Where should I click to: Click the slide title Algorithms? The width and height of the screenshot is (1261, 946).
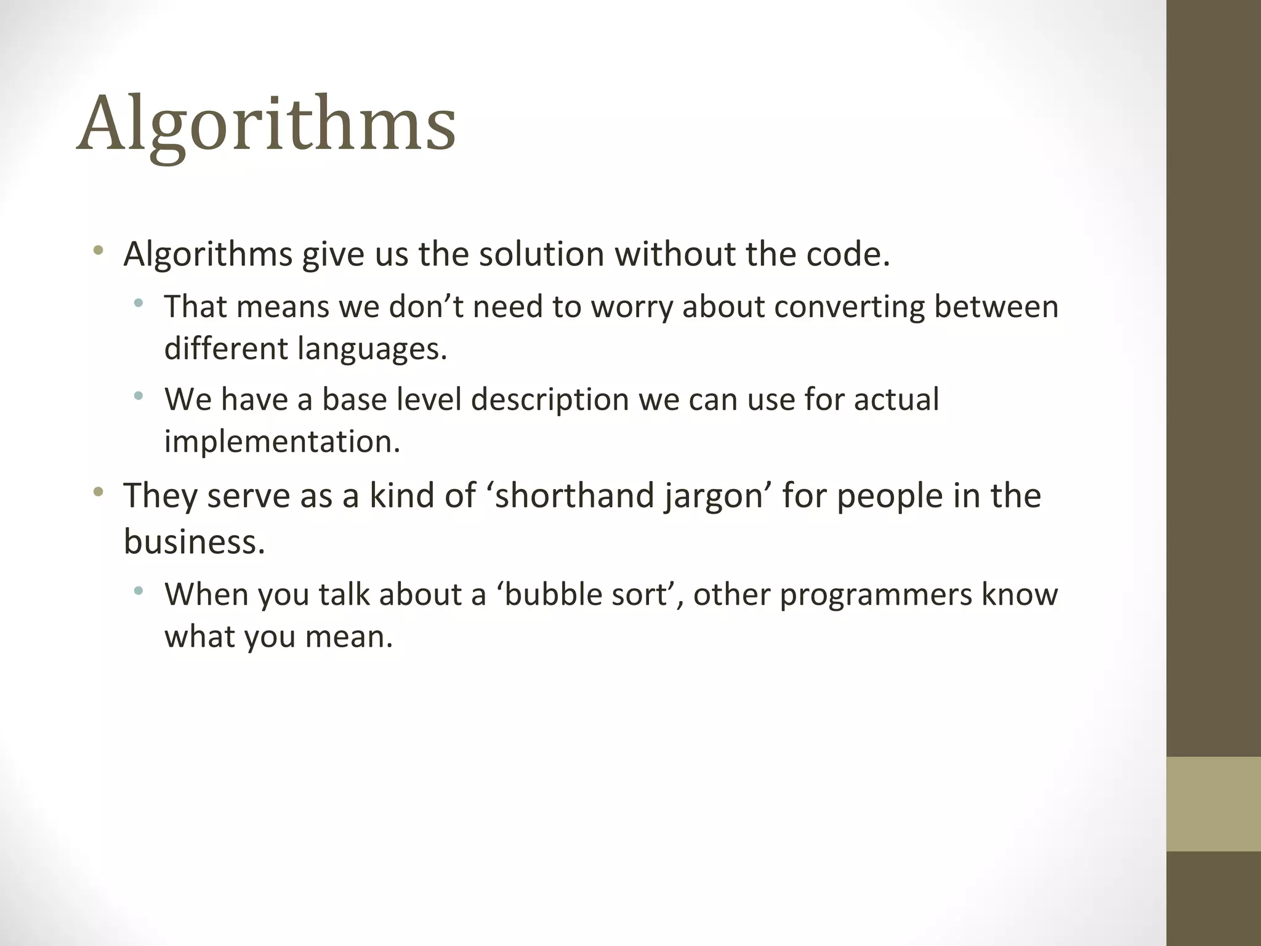pos(266,124)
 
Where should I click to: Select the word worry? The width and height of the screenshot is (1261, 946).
pos(631,307)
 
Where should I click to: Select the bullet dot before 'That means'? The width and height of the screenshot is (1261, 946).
pos(139,302)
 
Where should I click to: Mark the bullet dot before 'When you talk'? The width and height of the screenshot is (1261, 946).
pos(139,591)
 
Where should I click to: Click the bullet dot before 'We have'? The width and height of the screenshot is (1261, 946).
pos(139,395)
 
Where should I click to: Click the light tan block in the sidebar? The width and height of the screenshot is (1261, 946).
pos(1213,804)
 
